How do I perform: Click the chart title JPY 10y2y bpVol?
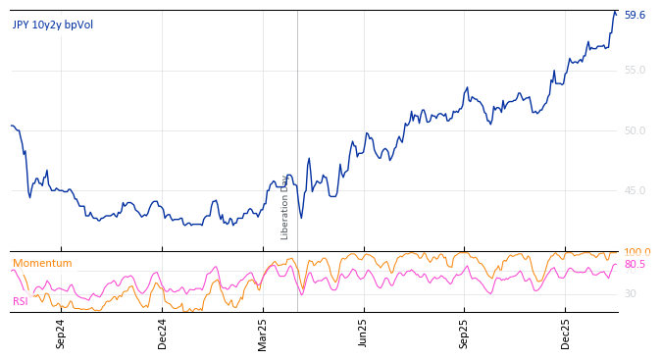[53, 25]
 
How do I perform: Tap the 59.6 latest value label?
[635, 16]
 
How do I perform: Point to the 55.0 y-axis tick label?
[635, 71]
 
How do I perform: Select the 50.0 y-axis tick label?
[635, 130]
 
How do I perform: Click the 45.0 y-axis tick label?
[635, 191]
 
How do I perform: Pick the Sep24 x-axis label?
[61, 334]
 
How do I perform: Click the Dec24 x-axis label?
[163, 334]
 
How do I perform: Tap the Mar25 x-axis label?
[263, 334]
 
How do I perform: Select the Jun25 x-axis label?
[364, 334]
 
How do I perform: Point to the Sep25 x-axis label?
[465, 334]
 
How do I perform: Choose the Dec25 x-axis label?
[566, 334]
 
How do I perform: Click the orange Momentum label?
[42, 264]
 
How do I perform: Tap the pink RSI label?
[21, 301]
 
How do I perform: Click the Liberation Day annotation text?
[285, 207]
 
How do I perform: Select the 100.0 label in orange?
[636, 252]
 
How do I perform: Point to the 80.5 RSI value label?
[635, 265]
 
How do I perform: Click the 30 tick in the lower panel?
[631, 294]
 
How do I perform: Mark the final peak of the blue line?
[615, 12]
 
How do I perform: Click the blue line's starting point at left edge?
[11, 126]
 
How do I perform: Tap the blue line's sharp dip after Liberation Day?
[301, 218]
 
